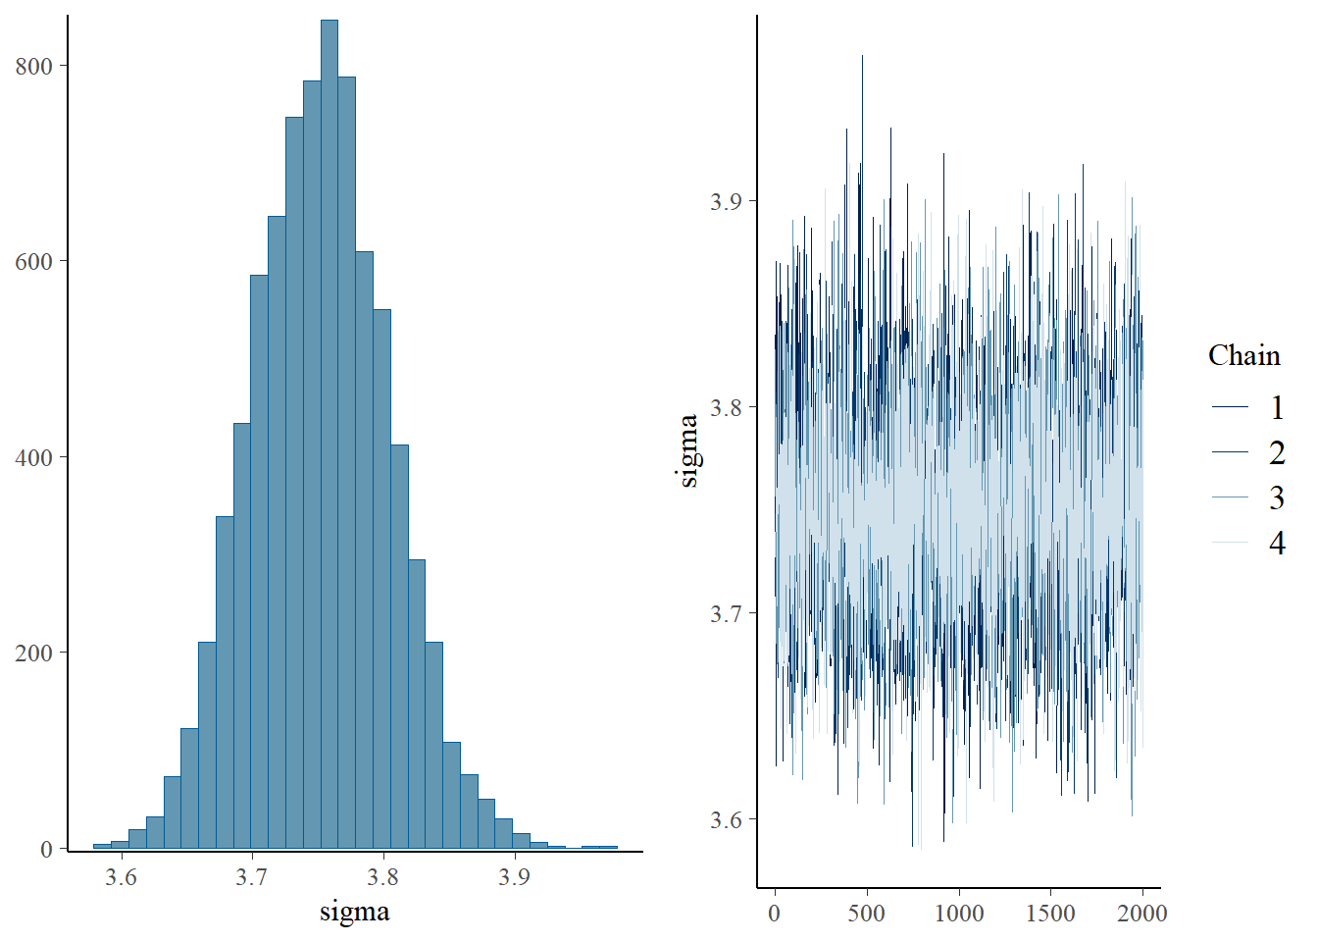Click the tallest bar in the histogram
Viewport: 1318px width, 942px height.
click(329, 432)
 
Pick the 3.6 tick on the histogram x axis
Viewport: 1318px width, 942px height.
click(121, 876)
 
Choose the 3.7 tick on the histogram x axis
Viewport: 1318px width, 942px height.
click(252, 876)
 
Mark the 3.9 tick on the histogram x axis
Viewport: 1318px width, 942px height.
click(514, 876)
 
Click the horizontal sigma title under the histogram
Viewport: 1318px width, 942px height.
click(354, 912)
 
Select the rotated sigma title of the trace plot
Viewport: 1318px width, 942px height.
click(688, 450)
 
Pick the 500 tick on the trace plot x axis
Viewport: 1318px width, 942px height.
click(866, 914)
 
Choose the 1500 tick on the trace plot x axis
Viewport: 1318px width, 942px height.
click(1050, 914)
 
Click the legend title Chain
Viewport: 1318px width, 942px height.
click(1243, 355)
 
